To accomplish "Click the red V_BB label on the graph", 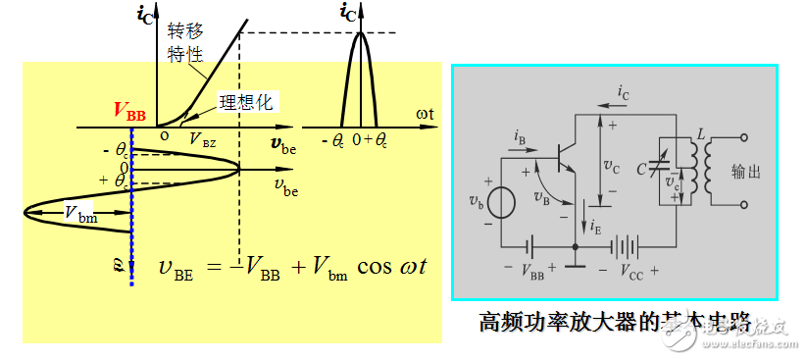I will pyautogui.click(x=128, y=111).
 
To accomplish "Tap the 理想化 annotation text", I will pyautogui.click(x=249, y=101).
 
